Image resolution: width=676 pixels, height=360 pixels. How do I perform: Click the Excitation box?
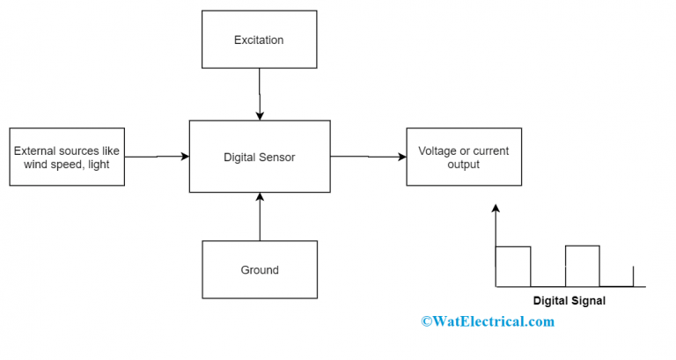[x=259, y=40]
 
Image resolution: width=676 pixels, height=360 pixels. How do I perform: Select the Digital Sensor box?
[x=259, y=158]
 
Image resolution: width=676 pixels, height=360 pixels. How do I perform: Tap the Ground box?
[x=259, y=269]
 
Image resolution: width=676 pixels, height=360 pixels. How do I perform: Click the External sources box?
[x=67, y=158]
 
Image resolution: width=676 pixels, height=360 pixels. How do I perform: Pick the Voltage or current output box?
[x=463, y=158]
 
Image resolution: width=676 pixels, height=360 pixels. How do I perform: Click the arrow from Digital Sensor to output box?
[x=368, y=157]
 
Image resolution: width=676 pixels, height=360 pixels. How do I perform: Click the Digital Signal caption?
[x=569, y=300]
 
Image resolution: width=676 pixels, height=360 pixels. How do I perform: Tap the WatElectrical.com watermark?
[x=488, y=321]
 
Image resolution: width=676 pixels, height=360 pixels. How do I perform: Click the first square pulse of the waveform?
[x=513, y=266]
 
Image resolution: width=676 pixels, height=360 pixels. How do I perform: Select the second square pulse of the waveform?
[x=582, y=266]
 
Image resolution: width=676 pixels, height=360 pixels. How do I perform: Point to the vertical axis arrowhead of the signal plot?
[x=496, y=209]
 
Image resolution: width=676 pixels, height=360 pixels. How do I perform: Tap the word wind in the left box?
[x=28, y=165]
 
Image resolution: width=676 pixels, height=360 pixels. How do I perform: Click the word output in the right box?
[x=463, y=165]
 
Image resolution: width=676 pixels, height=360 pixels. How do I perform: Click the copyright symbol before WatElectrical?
[x=427, y=322]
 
